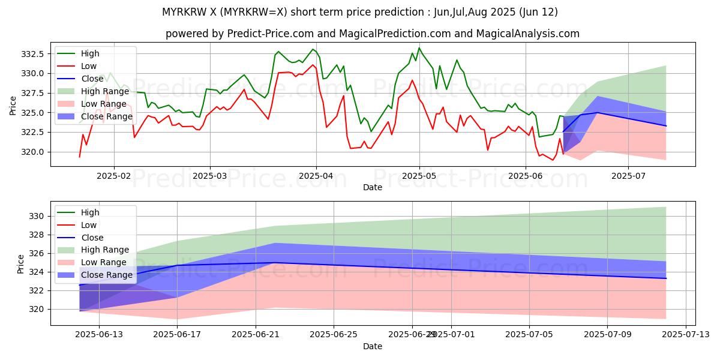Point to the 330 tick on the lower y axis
(x=37, y=216)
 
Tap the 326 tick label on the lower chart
(x=37, y=254)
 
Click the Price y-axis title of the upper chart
(x=13, y=106)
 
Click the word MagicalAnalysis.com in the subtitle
(x=528, y=34)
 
